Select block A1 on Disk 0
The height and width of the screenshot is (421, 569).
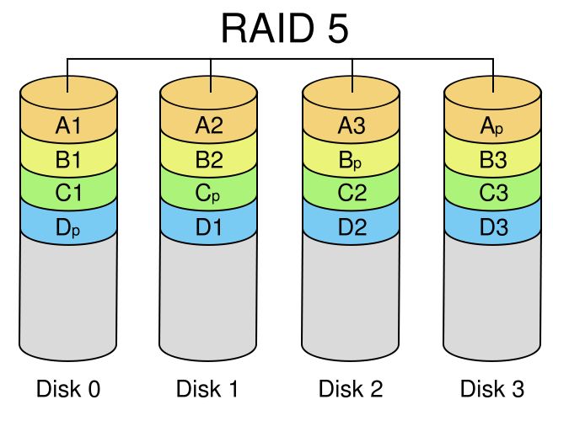point(68,126)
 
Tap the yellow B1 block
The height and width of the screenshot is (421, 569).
point(68,160)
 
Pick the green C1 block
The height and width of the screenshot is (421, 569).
point(68,193)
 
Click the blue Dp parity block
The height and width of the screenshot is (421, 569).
point(68,226)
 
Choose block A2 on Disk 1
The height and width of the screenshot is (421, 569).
point(209,126)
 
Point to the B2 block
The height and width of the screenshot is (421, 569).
point(209,160)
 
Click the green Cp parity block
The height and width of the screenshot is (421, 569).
point(209,193)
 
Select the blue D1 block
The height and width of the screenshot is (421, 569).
point(209,226)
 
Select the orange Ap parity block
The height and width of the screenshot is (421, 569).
point(493,126)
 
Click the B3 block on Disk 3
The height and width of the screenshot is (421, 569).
point(493,160)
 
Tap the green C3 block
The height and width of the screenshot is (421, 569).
point(493,193)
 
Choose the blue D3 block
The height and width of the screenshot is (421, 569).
point(493,226)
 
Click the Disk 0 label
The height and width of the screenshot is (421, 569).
point(68,389)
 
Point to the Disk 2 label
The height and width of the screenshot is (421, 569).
point(351,389)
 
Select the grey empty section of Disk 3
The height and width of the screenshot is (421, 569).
point(493,295)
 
